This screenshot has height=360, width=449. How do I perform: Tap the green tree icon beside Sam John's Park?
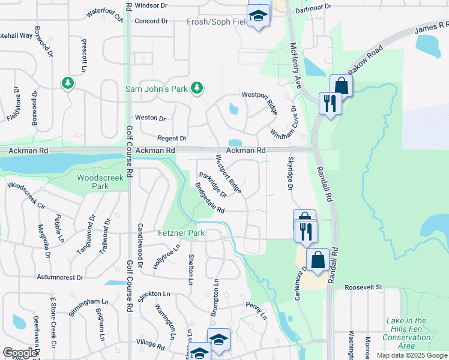[196, 89]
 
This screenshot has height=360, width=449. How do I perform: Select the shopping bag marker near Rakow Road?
[341, 85]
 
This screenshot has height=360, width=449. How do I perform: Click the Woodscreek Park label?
[100, 182]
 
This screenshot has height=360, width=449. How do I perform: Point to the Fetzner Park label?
[181, 233]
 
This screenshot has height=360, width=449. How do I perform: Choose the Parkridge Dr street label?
[212, 185]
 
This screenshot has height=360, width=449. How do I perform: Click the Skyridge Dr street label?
[291, 175]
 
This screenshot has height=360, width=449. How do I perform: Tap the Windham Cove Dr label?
[284, 123]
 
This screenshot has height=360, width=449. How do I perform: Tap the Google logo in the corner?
[19, 353]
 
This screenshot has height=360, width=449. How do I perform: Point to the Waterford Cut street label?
[104, 14]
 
